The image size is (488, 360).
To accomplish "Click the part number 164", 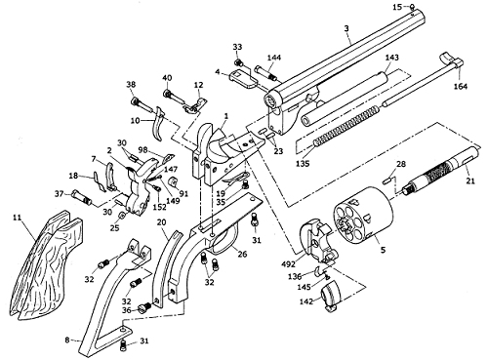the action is (x=461, y=86).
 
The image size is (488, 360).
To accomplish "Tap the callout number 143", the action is (x=391, y=58).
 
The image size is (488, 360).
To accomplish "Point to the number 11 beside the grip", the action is (x=18, y=217).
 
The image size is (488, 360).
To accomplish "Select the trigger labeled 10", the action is (x=158, y=125).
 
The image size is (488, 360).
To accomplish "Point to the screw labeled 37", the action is (x=82, y=197).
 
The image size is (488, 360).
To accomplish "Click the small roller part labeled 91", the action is (x=172, y=181).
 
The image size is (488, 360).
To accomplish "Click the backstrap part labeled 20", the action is (x=167, y=267).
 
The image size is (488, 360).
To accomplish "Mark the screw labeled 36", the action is (x=143, y=307).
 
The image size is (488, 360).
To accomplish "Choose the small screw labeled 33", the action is (x=239, y=61).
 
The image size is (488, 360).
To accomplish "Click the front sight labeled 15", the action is (x=412, y=8).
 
